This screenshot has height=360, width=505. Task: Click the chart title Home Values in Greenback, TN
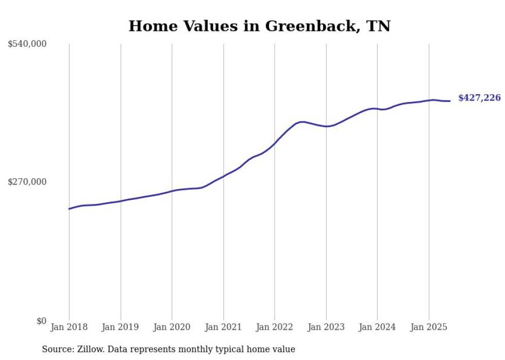tap(259, 26)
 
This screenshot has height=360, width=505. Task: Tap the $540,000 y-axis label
tap(27, 44)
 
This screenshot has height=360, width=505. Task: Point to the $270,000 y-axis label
tap(27, 182)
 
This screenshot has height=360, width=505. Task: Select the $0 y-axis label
tap(41, 321)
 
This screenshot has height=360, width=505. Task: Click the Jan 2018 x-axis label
tap(69, 327)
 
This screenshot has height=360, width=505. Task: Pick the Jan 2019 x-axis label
tap(121, 327)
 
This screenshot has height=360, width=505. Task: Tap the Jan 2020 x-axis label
tap(172, 327)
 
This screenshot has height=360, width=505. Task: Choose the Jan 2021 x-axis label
tap(223, 327)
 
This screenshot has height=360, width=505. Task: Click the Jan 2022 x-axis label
tap(275, 327)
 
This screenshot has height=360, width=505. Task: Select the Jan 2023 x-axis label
tap(326, 327)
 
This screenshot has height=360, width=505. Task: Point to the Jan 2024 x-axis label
tap(377, 327)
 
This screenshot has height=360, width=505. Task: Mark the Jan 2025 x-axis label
tap(429, 327)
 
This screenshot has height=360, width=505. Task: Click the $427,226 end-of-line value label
tap(479, 98)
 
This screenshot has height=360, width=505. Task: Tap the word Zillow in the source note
tap(86, 349)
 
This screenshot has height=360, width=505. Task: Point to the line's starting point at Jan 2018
tap(69, 209)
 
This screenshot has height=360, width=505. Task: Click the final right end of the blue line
tap(450, 101)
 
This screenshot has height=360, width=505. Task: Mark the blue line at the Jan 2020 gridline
tap(172, 191)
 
